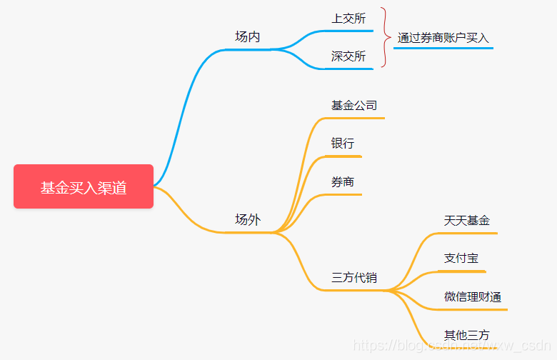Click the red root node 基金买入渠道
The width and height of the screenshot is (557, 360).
pyautogui.click(x=84, y=187)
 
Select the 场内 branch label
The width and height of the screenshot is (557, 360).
pyautogui.click(x=247, y=36)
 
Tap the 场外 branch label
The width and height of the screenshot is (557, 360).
pyautogui.click(x=247, y=219)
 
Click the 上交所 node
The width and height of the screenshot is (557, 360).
pyautogui.click(x=348, y=19)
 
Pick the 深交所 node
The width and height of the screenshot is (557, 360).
pyautogui.click(x=348, y=56)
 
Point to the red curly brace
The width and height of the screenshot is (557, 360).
pyautogui.click(x=384, y=38)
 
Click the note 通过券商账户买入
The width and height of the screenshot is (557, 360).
pyautogui.click(x=443, y=38)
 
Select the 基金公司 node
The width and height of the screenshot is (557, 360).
pyautogui.click(x=353, y=105)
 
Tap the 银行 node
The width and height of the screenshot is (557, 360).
pyautogui.click(x=342, y=143)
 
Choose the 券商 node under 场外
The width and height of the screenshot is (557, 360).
pyautogui.click(x=342, y=181)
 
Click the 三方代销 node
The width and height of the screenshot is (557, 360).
pyautogui.click(x=353, y=277)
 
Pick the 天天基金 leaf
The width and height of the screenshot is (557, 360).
pyautogui.click(x=466, y=220)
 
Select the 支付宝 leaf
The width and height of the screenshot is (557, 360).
pyautogui.click(x=461, y=258)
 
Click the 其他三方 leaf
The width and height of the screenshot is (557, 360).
pyautogui.click(x=466, y=334)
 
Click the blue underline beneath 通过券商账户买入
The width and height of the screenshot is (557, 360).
pyautogui.click(x=443, y=49)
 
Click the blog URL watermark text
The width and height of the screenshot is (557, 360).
pyautogui.click(x=450, y=346)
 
